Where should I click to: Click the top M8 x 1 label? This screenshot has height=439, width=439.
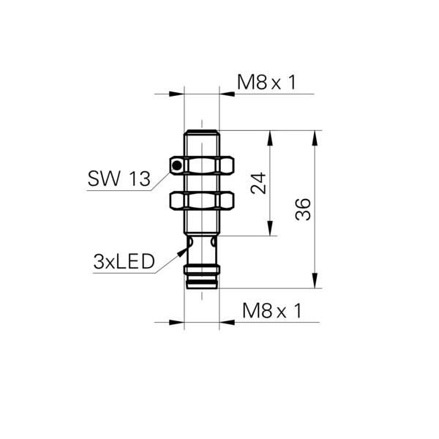pyautogui.click(x=266, y=82)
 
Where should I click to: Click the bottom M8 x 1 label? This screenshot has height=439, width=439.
pyautogui.click(x=272, y=311)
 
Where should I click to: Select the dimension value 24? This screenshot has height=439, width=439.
pyautogui.click(x=258, y=184)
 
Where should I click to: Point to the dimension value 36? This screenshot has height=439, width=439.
pyautogui.click(x=303, y=209)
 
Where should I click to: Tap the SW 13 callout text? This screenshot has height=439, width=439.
pyautogui.click(x=119, y=179)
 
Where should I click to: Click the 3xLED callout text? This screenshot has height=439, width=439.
pyautogui.click(x=124, y=261)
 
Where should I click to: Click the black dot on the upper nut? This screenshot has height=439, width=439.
pyautogui.click(x=177, y=166)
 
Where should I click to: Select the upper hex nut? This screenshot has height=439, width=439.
pyautogui.click(x=202, y=166)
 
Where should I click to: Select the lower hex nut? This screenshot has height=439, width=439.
pyautogui.click(x=202, y=200)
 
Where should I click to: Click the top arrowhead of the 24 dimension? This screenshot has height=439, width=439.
pyautogui.click(x=270, y=138)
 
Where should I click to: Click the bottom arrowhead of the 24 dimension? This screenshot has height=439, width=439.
pyautogui.click(x=270, y=228)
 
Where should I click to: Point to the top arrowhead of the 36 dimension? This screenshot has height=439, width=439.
pyautogui.click(x=315, y=138)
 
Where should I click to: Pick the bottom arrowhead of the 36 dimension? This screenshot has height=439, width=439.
pyautogui.click(x=315, y=280)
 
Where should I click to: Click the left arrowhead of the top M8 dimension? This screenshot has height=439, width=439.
pyautogui.click(x=176, y=94)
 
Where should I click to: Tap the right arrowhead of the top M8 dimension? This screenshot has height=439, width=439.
pyautogui.click(x=227, y=94)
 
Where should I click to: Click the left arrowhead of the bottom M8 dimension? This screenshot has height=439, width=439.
pyautogui.click(x=176, y=322)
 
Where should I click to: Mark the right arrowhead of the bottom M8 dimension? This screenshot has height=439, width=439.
pyautogui.click(x=227, y=322)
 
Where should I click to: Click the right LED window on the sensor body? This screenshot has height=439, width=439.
pyautogui.click(x=214, y=241)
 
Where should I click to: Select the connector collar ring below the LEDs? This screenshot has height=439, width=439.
pyautogui.click(x=202, y=269)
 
